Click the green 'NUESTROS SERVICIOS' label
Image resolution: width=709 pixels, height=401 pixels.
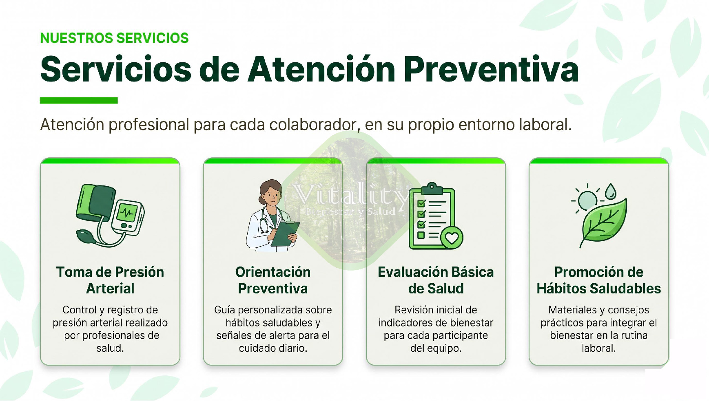pos(114,38)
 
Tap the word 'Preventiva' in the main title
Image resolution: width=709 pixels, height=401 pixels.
pos(491,69)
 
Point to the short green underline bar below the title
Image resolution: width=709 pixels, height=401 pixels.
pos(79,100)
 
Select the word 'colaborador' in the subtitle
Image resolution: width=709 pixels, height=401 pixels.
pos(315,125)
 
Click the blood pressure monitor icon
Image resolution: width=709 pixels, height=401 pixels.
pos(110,215)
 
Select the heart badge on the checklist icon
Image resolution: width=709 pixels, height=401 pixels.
pos(452,238)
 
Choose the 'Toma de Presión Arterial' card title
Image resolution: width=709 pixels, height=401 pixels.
pos(110,280)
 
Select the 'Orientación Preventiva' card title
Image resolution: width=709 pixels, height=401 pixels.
pos(273,280)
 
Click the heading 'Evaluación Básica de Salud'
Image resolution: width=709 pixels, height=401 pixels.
pos(436,280)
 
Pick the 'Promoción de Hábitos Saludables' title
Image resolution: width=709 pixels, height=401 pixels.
pos(599,280)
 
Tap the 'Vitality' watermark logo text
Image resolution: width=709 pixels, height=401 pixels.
pos(351,194)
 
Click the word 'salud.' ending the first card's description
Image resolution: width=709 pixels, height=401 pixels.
pos(110,348)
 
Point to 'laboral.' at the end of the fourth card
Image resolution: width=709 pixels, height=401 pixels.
pos(599,348)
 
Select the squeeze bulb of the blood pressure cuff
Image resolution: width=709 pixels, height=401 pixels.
pos(86,237)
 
